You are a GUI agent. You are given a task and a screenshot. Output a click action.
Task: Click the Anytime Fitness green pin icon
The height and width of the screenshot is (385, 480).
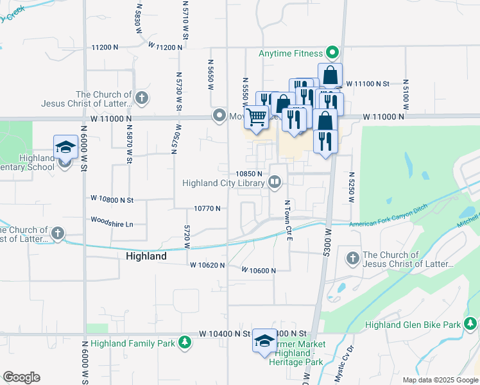pyautogui.click(x=332, y=53)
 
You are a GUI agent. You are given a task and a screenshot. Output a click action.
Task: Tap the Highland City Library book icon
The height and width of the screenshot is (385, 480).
pyautogui.click(x=275, y=183)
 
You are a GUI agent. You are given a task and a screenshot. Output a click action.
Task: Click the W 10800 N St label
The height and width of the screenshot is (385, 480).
pyautogui.click(x=112, y=200)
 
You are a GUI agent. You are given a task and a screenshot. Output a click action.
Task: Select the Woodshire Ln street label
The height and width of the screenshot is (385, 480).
pyautogui.click(x=112, y=224)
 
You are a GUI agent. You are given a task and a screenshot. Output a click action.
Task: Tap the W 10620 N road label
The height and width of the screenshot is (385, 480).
pyautogui.click(x=207, y=264)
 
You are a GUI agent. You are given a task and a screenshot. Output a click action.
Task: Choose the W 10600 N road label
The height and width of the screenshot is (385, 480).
pyautogui.click(x=259, y=270)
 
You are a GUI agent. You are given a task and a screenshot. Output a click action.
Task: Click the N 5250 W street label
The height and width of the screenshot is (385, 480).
pyautogui.click(x=352, y=187)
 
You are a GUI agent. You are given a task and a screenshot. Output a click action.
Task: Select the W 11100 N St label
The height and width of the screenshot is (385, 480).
pyautogui.click(x=368, y=83)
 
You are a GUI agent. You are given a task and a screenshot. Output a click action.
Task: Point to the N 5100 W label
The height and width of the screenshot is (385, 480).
pyautogui.click(x=406, y=95)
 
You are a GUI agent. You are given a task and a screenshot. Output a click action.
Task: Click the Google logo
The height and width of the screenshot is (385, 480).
pyautogui.click(x=21, y=377)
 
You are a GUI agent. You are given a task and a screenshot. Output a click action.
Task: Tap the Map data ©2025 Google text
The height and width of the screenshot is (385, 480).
pyautogui.click(x=440, y=380)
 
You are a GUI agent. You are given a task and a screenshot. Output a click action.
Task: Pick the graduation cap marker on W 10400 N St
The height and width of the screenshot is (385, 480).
pyautogui.click(x=264, y=341)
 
